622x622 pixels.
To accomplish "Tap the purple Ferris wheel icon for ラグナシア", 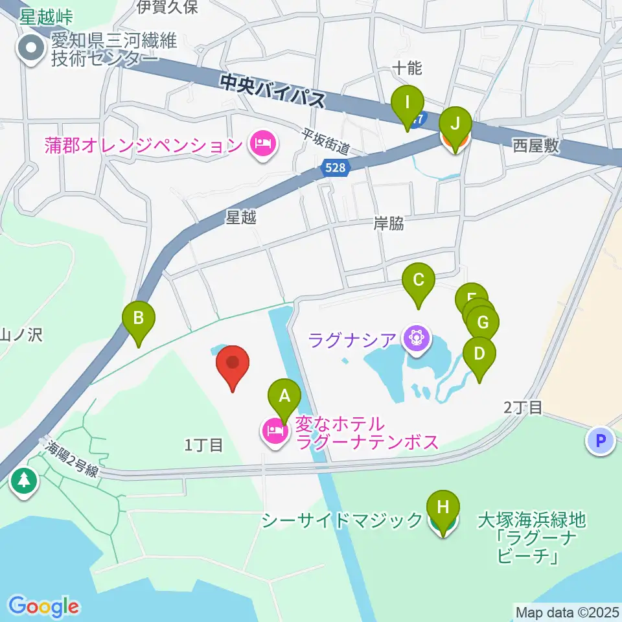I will (416, 338).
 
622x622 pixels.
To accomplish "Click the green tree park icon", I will (25, 480).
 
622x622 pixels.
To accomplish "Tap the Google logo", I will (43, 606).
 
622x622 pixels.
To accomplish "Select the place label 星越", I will (241, 218).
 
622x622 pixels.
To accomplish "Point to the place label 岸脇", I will (389, 224).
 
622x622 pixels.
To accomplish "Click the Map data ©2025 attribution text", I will (567, 612).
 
